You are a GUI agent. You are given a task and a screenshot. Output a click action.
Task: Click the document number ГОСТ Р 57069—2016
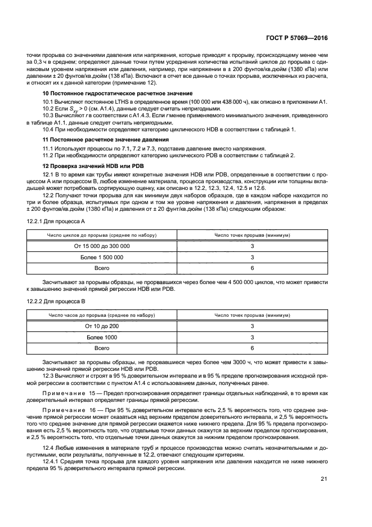tap(300, 38)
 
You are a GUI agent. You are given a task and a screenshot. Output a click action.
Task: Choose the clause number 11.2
tap(50, 155)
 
